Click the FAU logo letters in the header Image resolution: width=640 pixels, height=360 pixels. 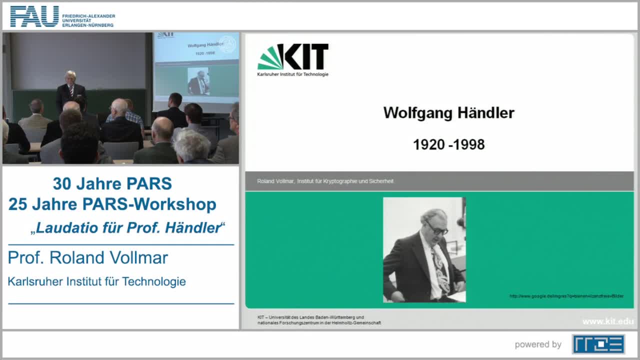click(x=34, y=16)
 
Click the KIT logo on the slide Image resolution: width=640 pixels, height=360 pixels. click(x=293, y=57)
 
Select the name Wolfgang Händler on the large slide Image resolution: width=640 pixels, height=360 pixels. click(x=448, y=112)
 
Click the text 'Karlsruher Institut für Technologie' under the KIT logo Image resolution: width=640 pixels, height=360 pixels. click(x=292, y=74)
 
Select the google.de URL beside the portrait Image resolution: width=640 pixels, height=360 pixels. click(x=566, y=296)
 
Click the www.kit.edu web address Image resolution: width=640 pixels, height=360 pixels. click(x=607, y=321)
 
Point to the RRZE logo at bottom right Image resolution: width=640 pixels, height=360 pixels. click(x=598, y=344)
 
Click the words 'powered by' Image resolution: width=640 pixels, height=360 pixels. click(x=538, y=344)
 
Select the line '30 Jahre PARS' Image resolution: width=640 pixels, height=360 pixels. click(x=112, y=184)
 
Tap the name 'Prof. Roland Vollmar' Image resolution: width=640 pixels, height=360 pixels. click(x=88, y=258)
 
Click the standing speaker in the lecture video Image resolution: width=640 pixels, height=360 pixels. click(x=70, y=90)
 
